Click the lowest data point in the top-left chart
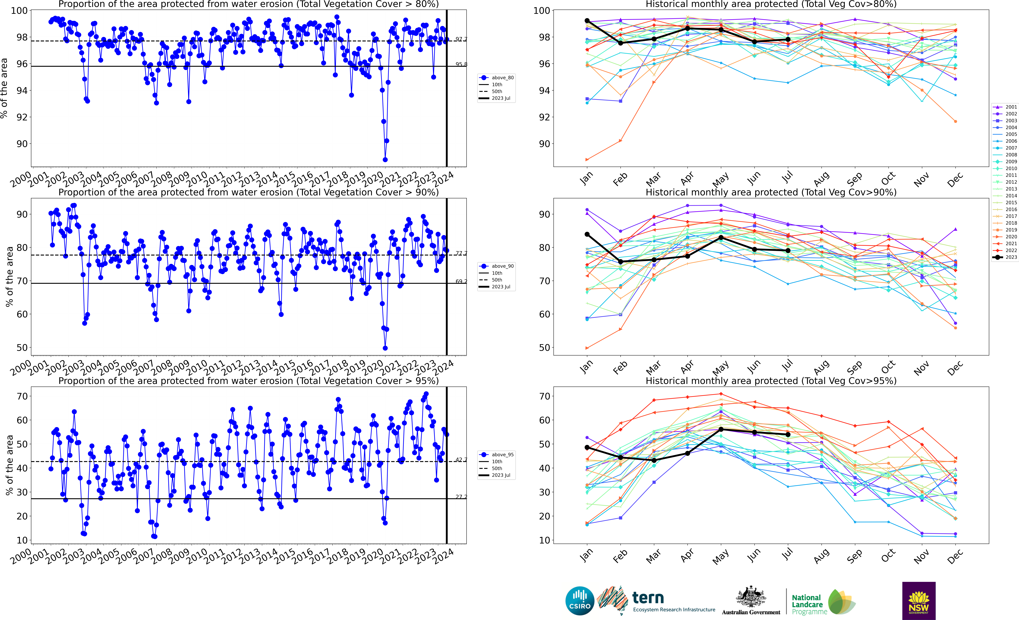tap(385, 160)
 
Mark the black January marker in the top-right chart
tap(587, 21)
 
